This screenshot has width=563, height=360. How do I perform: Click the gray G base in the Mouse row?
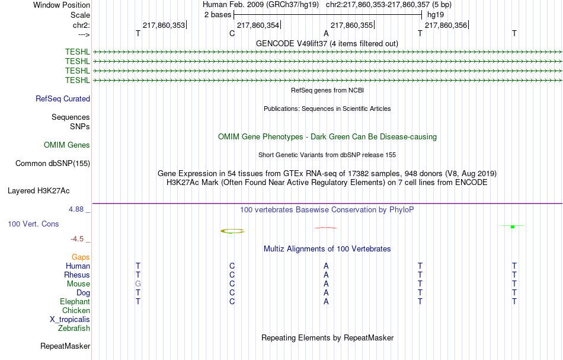(138, 284)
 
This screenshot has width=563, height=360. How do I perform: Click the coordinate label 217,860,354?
(258, 25)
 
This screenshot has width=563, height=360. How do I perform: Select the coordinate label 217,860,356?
(446, 25)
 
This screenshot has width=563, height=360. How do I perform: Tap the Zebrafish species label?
(74, 328)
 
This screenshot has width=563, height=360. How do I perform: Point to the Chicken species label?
(76, 310)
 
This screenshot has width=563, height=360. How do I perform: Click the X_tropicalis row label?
(70, 320)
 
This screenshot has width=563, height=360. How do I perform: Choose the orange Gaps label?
(81, 257)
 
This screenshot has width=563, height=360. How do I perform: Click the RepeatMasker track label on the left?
(65, 346)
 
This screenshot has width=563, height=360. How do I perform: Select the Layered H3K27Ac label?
(39, 191)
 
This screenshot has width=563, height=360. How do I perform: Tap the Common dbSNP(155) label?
(53, 164)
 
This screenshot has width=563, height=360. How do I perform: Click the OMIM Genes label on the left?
(67, 145)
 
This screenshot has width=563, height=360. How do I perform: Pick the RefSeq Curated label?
(63, 99)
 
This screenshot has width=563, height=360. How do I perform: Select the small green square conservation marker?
(513, 227)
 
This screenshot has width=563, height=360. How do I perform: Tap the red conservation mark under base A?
(326, 227)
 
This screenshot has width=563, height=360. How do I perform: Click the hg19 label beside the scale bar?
(436, 15)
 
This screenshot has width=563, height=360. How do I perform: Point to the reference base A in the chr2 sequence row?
(326, 33)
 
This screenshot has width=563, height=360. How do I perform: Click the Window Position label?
(62, 5)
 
